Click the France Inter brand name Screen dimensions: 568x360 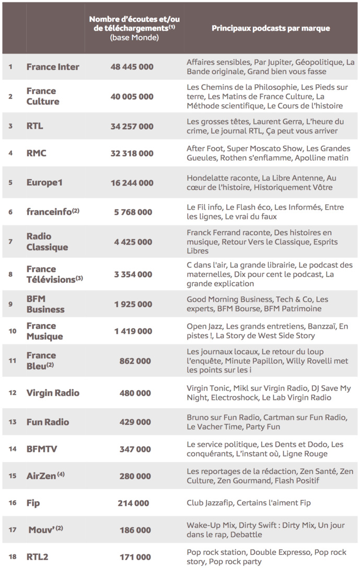click(53, 67)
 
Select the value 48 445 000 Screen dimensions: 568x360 click(132, 67)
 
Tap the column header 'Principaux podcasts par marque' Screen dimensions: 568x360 click(271, 28)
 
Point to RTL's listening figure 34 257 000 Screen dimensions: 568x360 click(132, 126)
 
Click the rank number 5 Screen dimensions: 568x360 click(10, 183)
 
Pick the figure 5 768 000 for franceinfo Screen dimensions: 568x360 click(132, 212)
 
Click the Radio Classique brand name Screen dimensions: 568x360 click(47, 242)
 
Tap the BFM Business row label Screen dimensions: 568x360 click(45, 304)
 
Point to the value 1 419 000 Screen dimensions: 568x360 click(132, 331)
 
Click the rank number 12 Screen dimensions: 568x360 click(11, 393)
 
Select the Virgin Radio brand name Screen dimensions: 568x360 click(53, 393)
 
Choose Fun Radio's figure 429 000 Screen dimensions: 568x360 click(135, 422)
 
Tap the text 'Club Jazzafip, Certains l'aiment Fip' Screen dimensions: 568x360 click(249, 503)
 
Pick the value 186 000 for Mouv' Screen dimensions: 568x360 click(135, 530)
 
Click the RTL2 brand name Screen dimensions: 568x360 click(37, 557)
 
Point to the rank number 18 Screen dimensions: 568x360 click(11, 557)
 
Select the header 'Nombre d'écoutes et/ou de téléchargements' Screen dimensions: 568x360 click(134, 28)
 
